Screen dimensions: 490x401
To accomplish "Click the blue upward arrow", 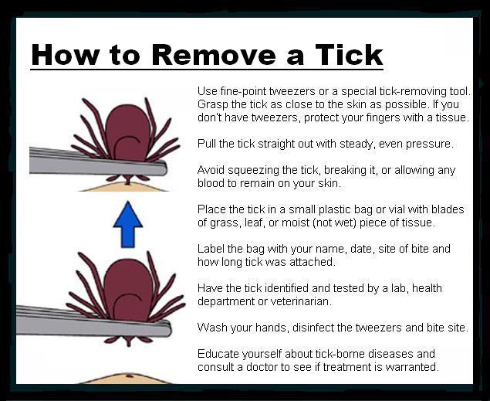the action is pos(128,225).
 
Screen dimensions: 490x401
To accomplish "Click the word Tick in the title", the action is pos(349,55).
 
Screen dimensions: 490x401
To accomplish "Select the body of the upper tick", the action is pos(127,133).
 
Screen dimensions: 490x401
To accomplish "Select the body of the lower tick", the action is pos(128,290).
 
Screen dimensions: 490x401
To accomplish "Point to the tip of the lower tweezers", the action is pos(171,329).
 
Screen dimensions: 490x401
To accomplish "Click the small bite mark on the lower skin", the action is pos(128,375).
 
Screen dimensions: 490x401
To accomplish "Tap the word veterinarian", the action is pos(300,301).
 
